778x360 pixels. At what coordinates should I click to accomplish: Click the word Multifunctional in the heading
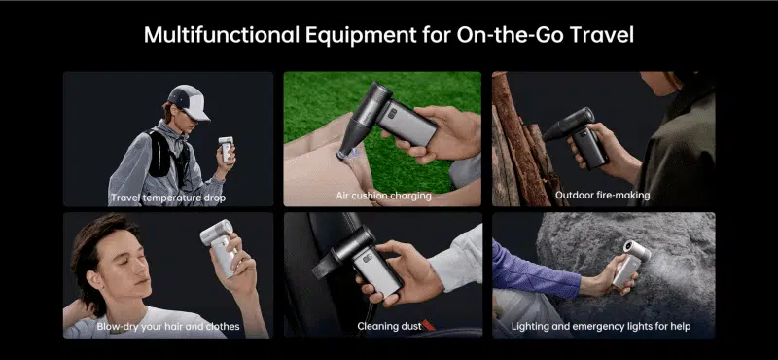222,35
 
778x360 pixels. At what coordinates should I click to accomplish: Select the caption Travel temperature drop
168,198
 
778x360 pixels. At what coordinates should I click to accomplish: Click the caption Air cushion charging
383,196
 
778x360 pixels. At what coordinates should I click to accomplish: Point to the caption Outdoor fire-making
602,196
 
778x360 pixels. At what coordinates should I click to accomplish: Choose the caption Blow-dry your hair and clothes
168,326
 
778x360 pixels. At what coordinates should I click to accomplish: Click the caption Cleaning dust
389,326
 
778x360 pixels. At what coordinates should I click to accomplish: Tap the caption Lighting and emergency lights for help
601,326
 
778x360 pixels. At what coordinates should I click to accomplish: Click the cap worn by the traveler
190,102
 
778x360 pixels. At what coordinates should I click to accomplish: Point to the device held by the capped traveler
226,149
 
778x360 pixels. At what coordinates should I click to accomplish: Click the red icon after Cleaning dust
428,326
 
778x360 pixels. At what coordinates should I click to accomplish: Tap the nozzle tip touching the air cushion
343,155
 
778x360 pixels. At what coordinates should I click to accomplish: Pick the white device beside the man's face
220,247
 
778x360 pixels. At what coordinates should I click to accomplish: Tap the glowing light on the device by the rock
629,247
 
